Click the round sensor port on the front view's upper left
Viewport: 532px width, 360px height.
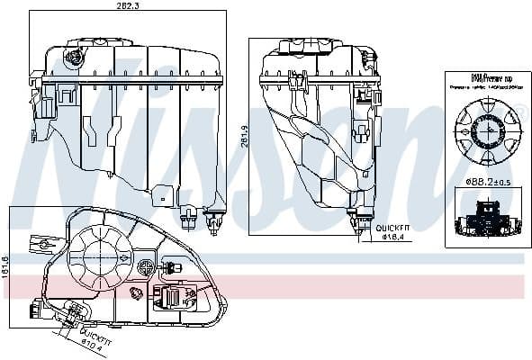pos(73,58)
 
